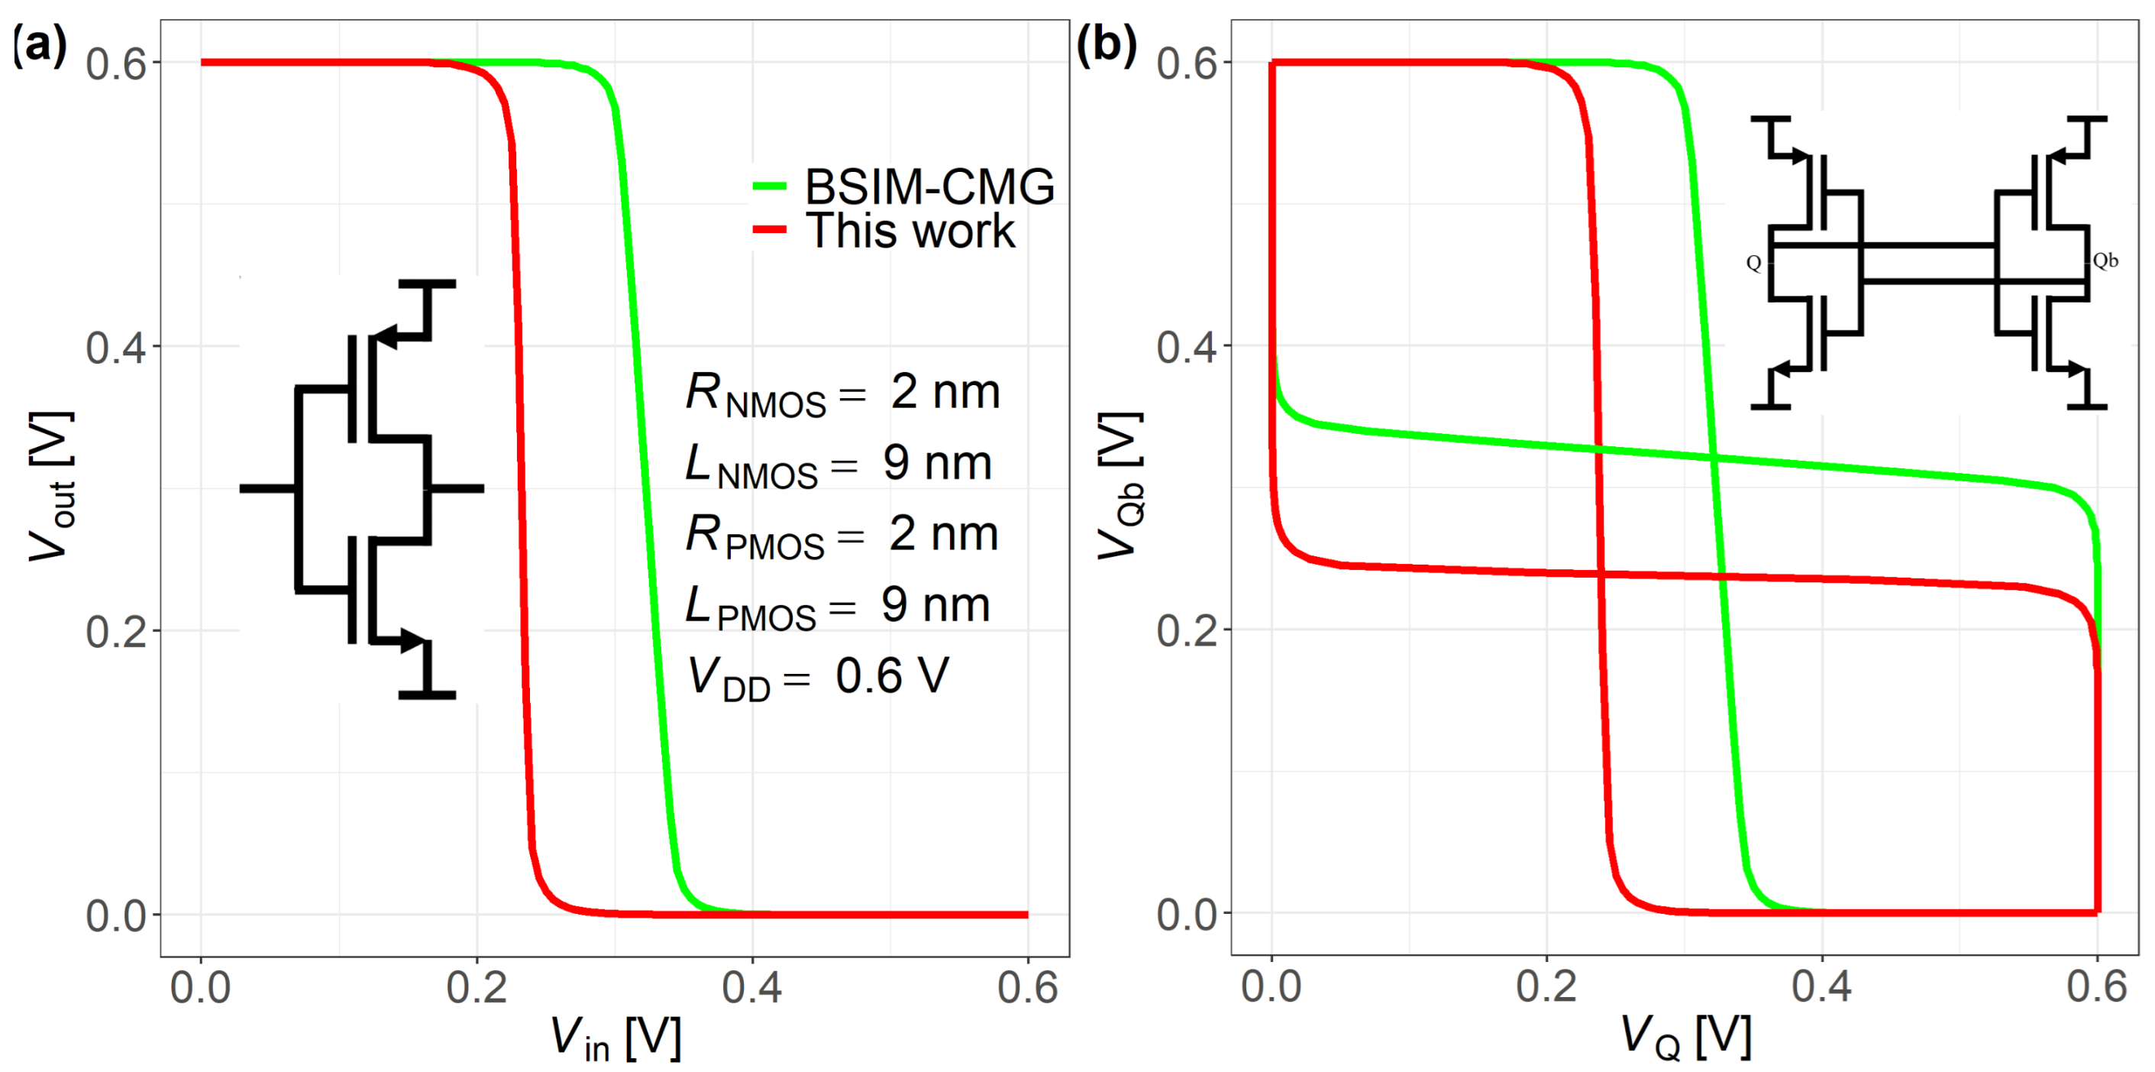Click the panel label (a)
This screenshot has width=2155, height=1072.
tap(39, 45)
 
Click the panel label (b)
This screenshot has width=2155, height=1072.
tap(1106, 45)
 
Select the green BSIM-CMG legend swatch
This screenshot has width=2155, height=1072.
tap(769, 186)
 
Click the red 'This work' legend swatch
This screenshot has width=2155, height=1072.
tap(769, 229)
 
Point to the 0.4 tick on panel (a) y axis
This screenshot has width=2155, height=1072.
tap(116, 346)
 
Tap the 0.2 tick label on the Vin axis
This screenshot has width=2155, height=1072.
tap(476, 988)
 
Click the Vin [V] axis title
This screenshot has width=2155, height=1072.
tap(615, 1038)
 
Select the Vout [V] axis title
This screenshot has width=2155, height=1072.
tap(52, 486)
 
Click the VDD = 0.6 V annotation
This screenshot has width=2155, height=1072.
tap(817, 676)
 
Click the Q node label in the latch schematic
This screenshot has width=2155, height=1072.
tap(1753, 263)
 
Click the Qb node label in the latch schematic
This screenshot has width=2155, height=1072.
tap(2105, 261)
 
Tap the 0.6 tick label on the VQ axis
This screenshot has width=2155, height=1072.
tap(2095, 988)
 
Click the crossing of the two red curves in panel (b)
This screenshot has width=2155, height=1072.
tap(1600, 574)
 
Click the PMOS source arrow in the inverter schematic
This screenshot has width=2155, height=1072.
tap(386, 336)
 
